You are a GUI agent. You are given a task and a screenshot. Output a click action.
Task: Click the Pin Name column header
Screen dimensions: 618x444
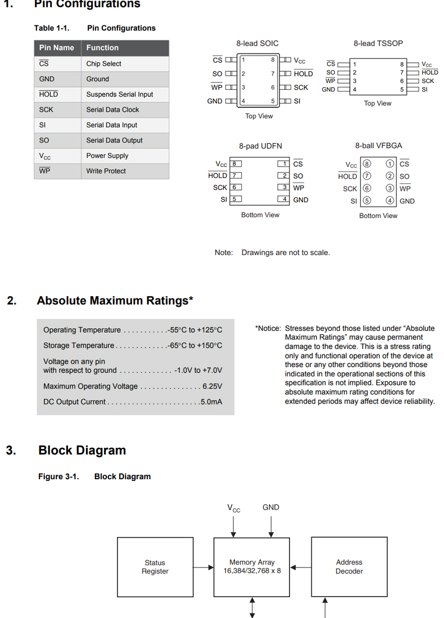tap(57, 48)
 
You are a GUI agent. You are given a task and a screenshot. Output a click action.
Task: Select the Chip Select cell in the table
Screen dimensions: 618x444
tap(104, 63)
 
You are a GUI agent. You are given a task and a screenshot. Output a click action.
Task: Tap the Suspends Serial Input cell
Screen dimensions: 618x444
tap(119, 94)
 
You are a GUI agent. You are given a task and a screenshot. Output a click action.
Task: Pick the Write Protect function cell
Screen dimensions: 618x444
tap(106, 171)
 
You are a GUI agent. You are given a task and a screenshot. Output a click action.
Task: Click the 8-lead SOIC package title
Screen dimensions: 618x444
tap(257, 43)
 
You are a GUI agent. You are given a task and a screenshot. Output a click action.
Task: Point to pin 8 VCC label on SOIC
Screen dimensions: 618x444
tap(300, 60)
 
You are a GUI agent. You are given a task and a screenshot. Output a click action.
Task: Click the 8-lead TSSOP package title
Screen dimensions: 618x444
tap(378, 43)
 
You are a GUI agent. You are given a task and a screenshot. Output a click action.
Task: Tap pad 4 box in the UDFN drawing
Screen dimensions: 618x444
tap(285, 199)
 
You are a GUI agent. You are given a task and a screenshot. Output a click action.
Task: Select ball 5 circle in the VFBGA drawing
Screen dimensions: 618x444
tap(367, 201)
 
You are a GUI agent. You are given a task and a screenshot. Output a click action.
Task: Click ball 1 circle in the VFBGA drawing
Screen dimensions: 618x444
tap(389, 164)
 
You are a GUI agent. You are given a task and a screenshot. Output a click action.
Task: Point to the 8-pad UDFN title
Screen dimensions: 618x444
tap(260, 146)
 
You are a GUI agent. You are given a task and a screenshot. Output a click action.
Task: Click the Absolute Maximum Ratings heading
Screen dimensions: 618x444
tap(115, 301)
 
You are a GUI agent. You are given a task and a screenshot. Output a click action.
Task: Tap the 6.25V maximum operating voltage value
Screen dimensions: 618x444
tap(212, 387)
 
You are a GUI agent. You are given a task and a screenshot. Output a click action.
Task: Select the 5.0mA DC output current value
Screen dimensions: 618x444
tap(211, 402)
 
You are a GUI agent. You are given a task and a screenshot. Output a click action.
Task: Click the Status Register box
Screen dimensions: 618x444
tap(155, 567)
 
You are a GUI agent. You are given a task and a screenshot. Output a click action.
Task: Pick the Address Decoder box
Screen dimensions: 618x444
tap(349, 567)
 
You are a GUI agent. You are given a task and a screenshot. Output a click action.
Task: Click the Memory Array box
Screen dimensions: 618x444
tap(252, 567)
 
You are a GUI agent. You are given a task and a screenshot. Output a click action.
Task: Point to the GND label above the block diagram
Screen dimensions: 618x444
tap(271, 507)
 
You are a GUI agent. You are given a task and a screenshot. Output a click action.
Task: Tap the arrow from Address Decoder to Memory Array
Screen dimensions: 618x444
tap(301, 567)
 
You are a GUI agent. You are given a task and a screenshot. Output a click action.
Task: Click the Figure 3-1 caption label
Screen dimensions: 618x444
tap(58, 476)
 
